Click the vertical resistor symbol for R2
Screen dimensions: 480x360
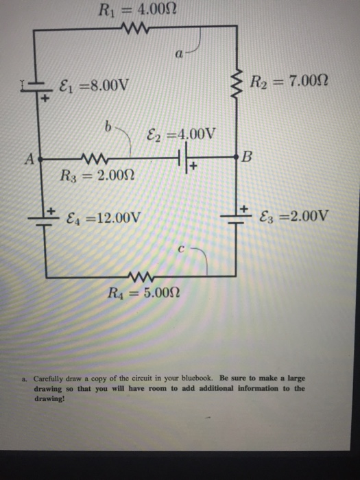pyautogui.click(x=239, y=84)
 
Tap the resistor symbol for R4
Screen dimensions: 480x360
pyautogui.click(x=147, y=278)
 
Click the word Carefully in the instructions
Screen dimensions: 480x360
pyautogui.click(x=49, y=378)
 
